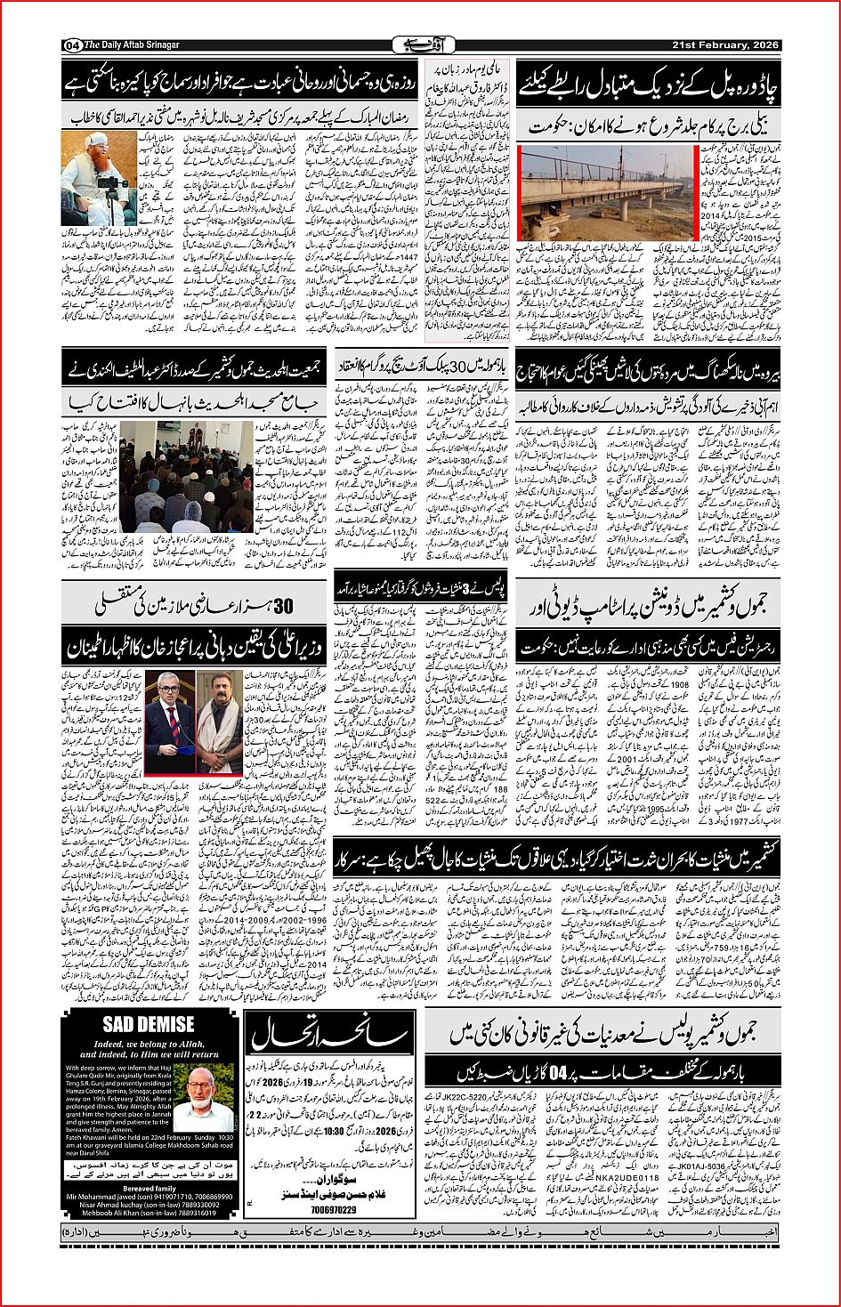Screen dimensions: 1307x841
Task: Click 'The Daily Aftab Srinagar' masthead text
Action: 132,45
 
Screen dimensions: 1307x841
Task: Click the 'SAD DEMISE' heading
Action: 148,1024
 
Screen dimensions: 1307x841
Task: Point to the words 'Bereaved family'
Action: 150,1189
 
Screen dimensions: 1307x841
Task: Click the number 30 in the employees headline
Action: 283,607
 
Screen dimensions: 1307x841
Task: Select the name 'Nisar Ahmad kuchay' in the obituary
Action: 97,1205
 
